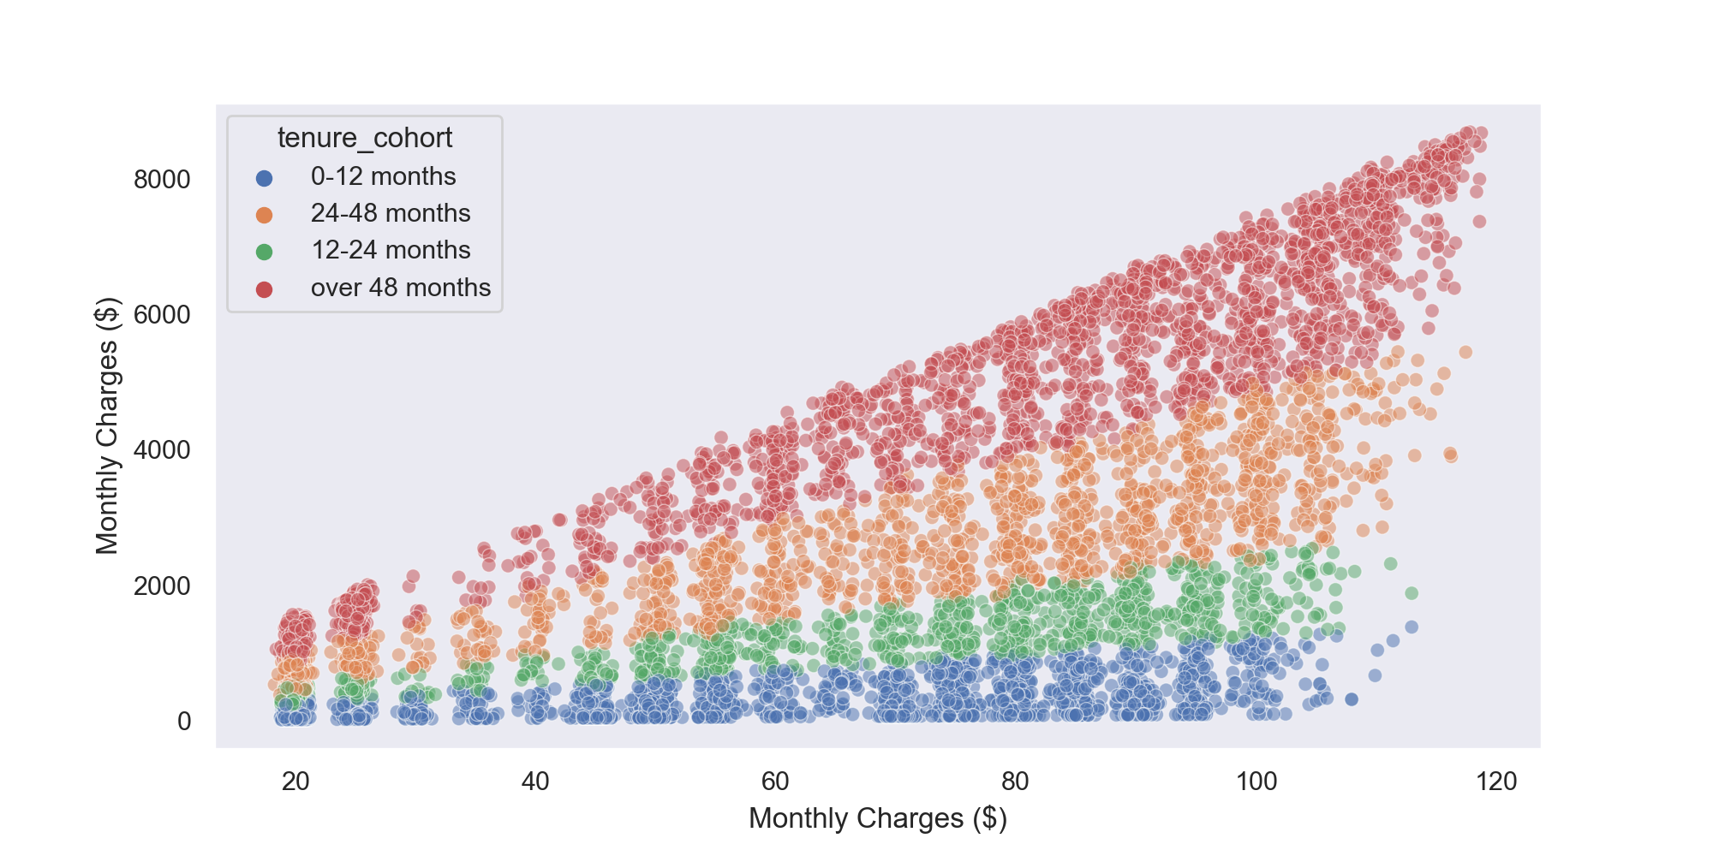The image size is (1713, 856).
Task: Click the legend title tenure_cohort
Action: tap(364, 138)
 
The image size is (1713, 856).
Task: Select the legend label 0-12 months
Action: tap(383, 176)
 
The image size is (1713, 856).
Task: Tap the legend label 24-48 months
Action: tap(391, 213)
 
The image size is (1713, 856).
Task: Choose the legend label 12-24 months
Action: tap(391, 250)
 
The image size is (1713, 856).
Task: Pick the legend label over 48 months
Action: tap(400, 288)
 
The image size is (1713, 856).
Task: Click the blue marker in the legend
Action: tap(265, 178)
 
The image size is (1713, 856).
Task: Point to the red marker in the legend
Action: tap(265, 289)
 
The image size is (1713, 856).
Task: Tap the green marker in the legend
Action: tap(265, 252)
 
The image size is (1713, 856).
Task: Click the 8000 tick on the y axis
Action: tap(162, 180)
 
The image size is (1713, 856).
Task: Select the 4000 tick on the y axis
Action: tap(162, 450)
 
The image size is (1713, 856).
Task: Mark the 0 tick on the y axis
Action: tap(184, 722)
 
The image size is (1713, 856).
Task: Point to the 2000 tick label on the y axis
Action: tap(162, 586)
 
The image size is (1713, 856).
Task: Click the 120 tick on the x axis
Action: tap(1497, 781)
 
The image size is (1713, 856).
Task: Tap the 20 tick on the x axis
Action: tap(295, 781)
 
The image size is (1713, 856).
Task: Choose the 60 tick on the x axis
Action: tap(775, 781)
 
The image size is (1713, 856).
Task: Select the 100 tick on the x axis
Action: tap(1256, 781)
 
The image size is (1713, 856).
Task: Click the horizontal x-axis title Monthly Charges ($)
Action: tap(878, 818)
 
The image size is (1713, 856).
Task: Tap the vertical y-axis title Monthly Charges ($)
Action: tap(107, 425)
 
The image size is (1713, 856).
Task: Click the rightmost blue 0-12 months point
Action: tap(1412, 627)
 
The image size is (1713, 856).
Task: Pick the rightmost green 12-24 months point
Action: tap(1412, 593)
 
